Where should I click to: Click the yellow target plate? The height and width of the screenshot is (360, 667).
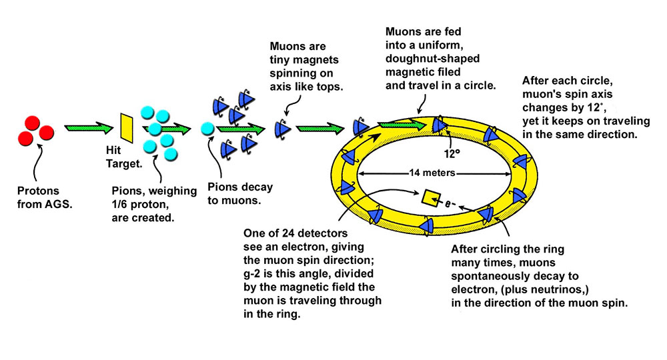(x=127, y=126)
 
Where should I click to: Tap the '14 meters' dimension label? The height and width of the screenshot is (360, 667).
(x=434, y=173)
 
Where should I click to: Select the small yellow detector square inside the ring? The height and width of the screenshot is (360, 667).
(x=432, y=196)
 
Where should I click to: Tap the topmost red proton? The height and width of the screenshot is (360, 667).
(x=37, y=121)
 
